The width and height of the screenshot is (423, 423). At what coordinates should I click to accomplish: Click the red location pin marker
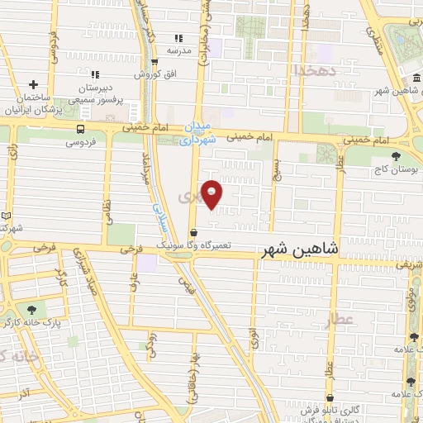coord(212,194)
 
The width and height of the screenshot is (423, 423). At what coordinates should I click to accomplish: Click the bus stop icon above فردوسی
coord(80,129)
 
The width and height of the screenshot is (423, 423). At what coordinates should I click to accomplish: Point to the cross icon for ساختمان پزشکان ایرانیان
coord(33,84)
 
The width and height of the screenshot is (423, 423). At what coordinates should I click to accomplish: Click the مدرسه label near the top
coord(179,50)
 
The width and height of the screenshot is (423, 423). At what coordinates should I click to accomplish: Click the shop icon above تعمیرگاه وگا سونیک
coord(192,233)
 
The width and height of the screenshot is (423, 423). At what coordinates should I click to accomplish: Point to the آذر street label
coord(25,387)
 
